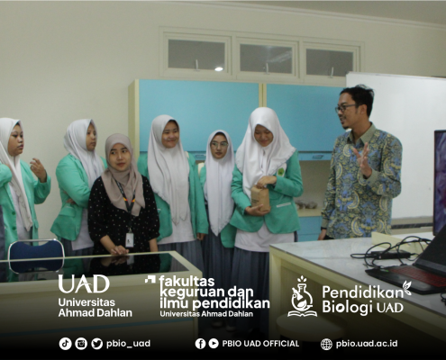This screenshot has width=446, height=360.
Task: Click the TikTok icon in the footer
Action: (65, 344)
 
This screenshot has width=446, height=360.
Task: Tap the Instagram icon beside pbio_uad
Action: (81, 344)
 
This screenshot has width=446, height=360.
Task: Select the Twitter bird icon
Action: (96, 344)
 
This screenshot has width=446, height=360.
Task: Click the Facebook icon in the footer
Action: (200, 344)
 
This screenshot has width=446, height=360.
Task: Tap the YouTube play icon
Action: (214, 344)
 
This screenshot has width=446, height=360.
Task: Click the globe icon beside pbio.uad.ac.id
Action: (326, 344)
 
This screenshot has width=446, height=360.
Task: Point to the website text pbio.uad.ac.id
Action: (367, 344)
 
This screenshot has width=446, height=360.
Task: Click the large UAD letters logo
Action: (84, 284)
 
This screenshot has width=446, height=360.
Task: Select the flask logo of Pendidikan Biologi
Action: (302, 297)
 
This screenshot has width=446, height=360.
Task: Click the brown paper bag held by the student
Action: (259, 198)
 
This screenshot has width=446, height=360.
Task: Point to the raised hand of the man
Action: (364, 159)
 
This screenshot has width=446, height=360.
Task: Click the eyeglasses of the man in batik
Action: (345, 108)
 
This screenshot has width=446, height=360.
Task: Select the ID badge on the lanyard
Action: (130, 240)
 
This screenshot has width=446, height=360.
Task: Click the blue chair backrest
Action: (36, 256)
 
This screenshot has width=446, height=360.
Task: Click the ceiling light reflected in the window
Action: (219, 69)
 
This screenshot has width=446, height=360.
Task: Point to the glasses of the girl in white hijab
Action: (219, 145)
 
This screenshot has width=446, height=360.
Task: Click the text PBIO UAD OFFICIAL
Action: (260, 344)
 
